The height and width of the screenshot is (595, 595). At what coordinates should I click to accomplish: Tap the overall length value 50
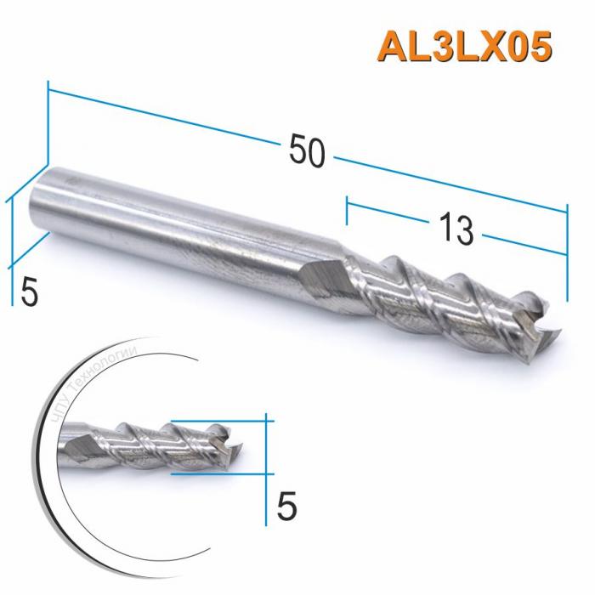tap(307, 152)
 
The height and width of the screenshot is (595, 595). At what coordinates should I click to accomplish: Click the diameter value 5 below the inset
tap(287, 507)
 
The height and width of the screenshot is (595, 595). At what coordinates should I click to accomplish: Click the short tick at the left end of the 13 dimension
tap(347, 212)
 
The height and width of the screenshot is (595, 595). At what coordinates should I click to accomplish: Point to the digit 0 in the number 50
tap(316, 152)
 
